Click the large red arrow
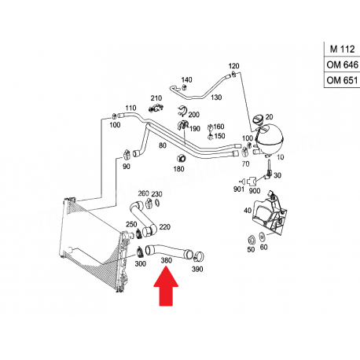point(166,286)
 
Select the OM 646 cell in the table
point(342,64)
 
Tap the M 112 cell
point(342,49)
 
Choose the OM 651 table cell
point(342,80)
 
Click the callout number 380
point(166,260)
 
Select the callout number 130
point(216,97)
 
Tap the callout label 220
point(165,227)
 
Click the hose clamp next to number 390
point(199,256)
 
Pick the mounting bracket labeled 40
point(269,213)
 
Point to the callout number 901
point(239,189)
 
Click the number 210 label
point(156,98)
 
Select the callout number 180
point(178,169)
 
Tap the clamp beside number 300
point(140,252)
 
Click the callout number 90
point(127,167)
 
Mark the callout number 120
point(233,66)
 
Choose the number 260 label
point(143,193)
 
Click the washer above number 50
point(252,240)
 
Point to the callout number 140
point(186,79)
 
